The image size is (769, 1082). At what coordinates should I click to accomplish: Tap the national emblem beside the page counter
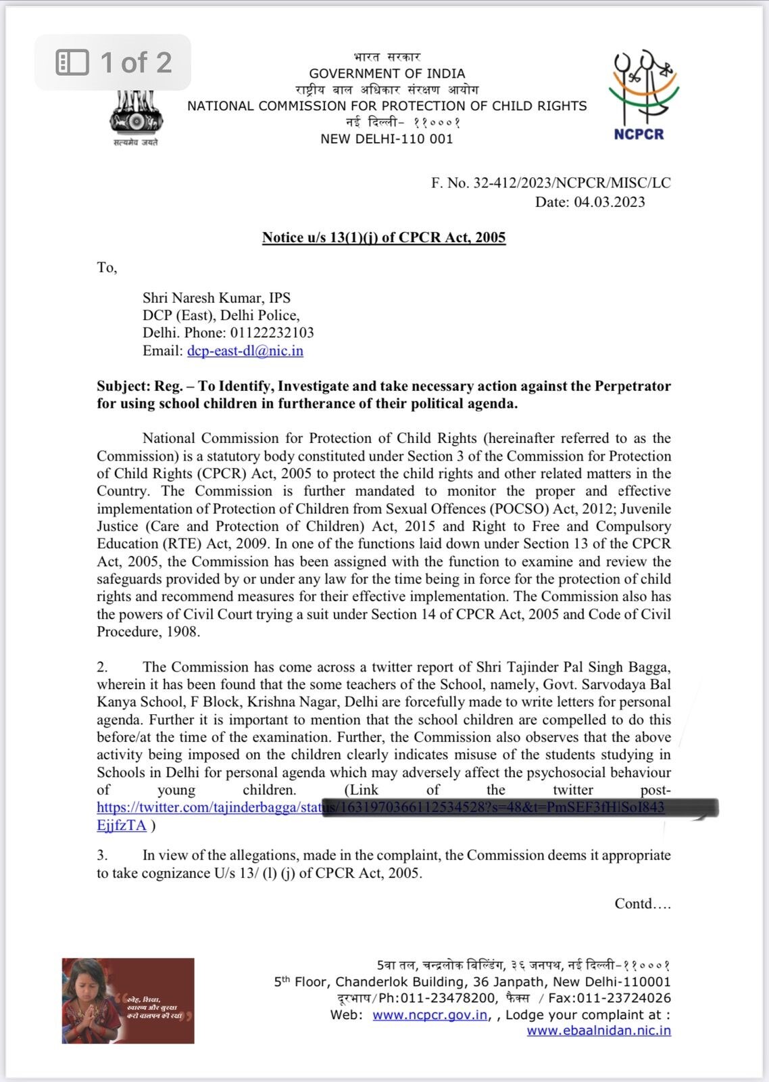136,115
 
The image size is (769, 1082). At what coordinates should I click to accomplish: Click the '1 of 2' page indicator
114,62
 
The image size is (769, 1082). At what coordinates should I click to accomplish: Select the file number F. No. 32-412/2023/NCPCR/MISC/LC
551,183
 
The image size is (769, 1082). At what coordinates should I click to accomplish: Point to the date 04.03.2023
610,202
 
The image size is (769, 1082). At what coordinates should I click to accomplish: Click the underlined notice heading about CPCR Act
384,237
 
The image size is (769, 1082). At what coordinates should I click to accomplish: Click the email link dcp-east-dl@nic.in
245,351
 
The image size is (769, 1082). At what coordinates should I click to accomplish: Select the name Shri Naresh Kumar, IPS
216,298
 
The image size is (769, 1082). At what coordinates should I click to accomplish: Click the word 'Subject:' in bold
123,386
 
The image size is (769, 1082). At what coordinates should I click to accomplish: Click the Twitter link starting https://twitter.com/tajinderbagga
209,807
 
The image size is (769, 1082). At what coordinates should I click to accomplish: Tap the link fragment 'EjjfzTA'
122,825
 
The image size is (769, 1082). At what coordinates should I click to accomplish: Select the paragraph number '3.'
102,855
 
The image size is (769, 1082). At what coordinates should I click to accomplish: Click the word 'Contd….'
642,903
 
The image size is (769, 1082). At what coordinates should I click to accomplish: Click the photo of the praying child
128,1000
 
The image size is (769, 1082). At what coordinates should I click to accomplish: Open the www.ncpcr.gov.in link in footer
430,1014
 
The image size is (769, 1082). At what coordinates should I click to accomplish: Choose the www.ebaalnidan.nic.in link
599,1031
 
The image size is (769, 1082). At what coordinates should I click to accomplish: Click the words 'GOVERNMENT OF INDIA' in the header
387,74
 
